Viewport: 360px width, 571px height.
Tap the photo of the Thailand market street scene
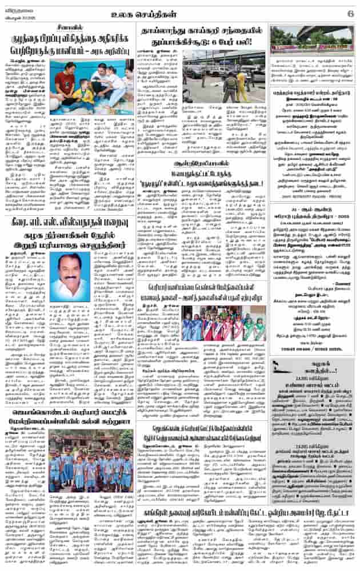pyautogui.click(x=224, y=76)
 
